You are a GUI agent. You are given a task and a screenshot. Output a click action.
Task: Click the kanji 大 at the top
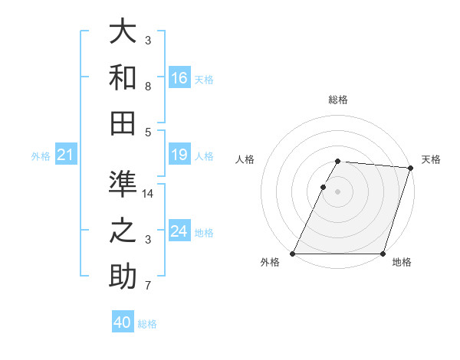tap(123, 32)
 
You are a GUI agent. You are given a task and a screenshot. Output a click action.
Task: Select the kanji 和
tap(123, 78)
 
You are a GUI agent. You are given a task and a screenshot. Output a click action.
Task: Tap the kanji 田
tap(123, 123)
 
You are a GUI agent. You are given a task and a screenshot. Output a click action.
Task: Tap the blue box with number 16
tap(179, 78)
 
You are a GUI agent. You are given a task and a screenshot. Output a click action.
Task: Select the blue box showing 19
tap(179, 155)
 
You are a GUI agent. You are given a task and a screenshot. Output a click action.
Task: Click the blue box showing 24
tap(179, 232)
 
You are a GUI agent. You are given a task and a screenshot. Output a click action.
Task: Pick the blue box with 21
tap(66, 155)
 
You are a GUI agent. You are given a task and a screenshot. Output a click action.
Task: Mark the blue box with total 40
tap(123, 322)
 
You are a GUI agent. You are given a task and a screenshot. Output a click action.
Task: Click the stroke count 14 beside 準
tap(149, 194)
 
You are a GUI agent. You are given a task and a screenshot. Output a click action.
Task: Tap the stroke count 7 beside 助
tap(148, 286)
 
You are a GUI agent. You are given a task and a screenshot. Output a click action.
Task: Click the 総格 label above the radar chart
tap(337, 100)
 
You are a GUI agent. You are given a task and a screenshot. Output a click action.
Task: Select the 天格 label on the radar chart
tap(431, 159)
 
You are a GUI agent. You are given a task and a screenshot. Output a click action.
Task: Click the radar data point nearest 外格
tap(293, 254)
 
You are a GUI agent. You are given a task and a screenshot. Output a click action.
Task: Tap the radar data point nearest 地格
tap(382, 254)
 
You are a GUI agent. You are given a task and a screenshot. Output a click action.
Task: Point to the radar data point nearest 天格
tap(409, 169)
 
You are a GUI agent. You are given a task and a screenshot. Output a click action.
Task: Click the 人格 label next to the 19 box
tap(204, 156)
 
